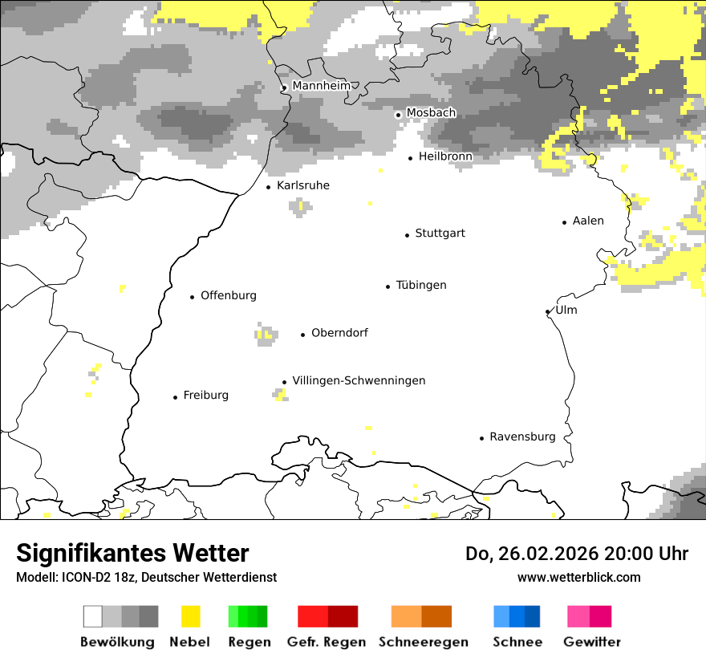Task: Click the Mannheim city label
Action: tap(321, 86)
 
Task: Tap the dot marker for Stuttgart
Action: tap(407, 235)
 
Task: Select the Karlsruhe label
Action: tap(302, 185)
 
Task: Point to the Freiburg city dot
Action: tap(175, 397)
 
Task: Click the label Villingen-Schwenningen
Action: tap(359, 380)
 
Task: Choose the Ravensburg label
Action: tap(522, 437)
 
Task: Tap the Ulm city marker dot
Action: tap(547, 312)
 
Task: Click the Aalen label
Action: tap(588, 221)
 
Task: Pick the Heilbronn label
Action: tap(445, 156)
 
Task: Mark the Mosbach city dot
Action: tap(398, 115)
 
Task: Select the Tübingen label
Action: tap(421, 285)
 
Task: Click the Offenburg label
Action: tap(229, 295)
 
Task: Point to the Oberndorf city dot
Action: tap(302, 335)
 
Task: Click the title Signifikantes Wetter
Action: tap(132, 553)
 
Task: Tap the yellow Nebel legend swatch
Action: tap(190, 616)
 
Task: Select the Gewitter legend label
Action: tap(591, 642)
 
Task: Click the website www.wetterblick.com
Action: tap(578, 577)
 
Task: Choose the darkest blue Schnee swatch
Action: tap(533, 616)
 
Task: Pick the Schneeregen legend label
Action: tap(423, 642)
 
